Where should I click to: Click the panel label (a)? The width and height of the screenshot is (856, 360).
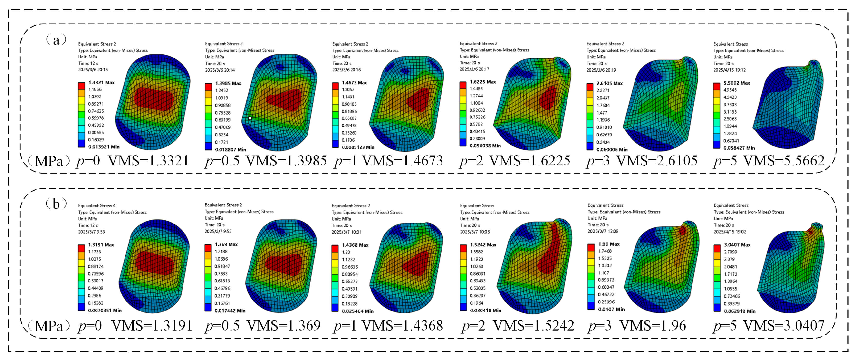click(56, 40)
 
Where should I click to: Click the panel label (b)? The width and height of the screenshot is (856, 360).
click(56, 204)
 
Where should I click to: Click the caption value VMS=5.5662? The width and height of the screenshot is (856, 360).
click(784, 161)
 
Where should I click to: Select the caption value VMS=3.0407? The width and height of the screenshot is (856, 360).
click(784, 325)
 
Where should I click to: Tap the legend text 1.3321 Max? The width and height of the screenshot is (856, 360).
click(101, 82)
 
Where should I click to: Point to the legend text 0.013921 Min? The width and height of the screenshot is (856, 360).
click(104, 146)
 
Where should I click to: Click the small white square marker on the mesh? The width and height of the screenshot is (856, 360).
click(250, 118)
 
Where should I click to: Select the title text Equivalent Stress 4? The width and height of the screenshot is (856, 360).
click(97, 206)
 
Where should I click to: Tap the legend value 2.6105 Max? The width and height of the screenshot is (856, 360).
click(609, 83)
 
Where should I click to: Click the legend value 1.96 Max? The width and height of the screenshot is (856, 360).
click(608, 244)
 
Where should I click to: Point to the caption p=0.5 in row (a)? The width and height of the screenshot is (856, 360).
click(222, 161)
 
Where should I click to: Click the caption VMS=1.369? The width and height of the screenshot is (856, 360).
click(283, 325)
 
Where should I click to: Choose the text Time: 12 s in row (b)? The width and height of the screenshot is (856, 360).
click(88, 225)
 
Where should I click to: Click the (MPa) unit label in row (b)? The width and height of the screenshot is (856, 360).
click(48, 326)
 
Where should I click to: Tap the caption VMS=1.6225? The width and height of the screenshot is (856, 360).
click(530, 161)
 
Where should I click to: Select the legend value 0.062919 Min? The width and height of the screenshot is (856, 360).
click(739, 311)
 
